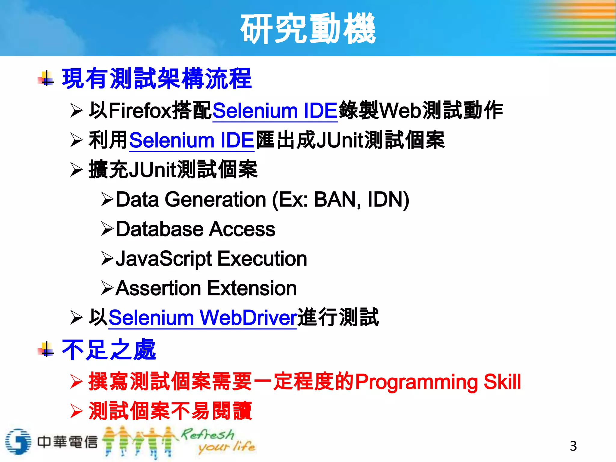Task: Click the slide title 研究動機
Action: point(308,29)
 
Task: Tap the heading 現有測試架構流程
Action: point(156,79)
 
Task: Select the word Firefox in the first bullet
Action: point(140,111)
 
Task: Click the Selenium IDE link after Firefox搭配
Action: point(275,111)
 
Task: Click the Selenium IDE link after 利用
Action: point(192,140)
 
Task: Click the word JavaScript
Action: point(164,259)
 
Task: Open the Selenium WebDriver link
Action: point(203,318)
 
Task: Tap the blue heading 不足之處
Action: point(109,350)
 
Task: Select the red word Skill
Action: point(502,381)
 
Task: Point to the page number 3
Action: point(573,446)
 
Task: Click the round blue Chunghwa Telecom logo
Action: point(18,441)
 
